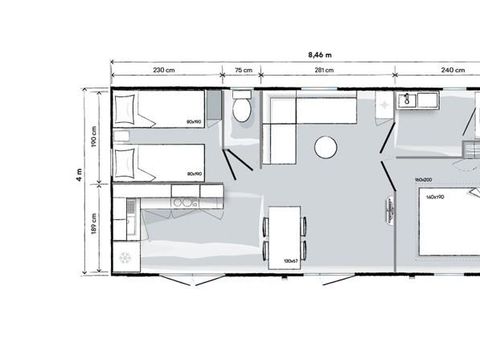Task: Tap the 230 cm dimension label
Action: pyautogui.click(x=164, y=70)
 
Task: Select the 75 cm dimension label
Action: pyautogui.click(x=242, y=70)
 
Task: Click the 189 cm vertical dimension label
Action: pyautogui.click(x=94, y=230)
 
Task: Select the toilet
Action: pyautogui.click(x=241, y=110)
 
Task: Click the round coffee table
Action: pyautogui.click(x=327, y=148)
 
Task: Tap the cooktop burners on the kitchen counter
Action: pyautogui.click(x=183, y=203)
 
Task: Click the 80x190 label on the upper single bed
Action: pyautogui.click(x=194, y=120)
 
